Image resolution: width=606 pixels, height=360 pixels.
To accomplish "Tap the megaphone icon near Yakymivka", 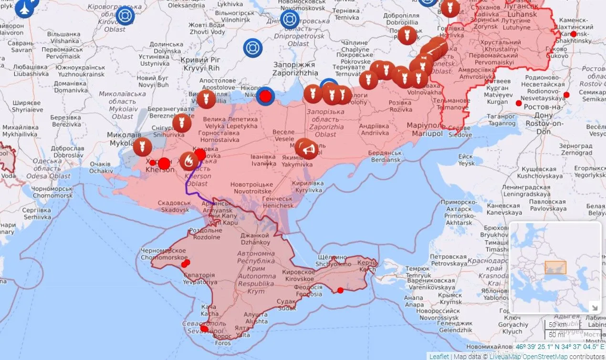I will [306, 149].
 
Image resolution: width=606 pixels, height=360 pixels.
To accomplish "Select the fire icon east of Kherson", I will [189, 161].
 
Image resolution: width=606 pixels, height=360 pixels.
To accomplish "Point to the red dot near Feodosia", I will [340, 290].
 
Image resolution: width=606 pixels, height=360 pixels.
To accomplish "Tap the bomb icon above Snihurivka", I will [182, 123].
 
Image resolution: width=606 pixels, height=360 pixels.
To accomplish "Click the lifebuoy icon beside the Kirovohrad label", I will [125, 16].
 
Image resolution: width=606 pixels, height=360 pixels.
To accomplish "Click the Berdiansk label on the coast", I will [386, 156].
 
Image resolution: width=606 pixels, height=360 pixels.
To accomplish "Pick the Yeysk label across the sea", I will [466, 160].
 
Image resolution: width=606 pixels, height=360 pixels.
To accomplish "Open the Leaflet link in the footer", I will [439, 356].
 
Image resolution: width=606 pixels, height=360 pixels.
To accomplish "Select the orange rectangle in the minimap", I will [555, 267].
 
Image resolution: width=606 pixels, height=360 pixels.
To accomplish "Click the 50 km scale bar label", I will [556, 325].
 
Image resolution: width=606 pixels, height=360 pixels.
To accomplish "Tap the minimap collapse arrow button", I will [595, 307].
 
